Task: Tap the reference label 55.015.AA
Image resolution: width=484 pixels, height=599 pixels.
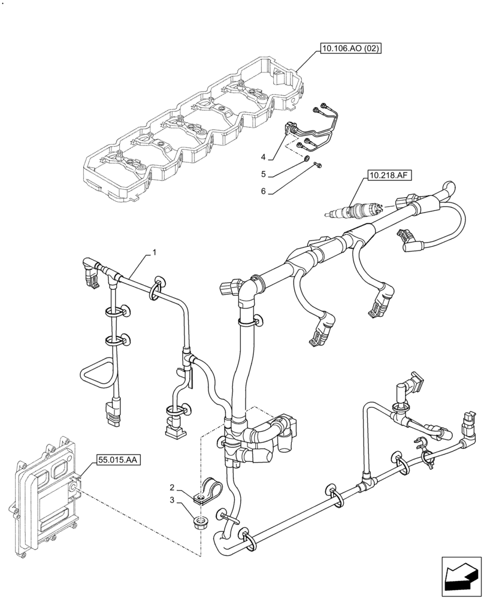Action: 116,460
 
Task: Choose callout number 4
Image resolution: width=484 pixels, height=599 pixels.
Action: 263,158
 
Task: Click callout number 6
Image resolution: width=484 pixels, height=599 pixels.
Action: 263,192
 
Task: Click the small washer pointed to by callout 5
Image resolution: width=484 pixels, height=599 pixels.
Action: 306,159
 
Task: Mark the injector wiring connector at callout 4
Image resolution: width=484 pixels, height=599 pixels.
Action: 294,128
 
